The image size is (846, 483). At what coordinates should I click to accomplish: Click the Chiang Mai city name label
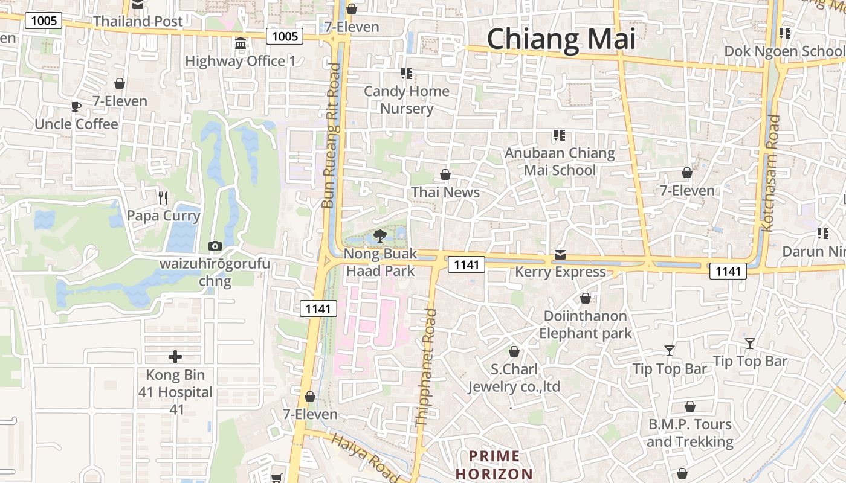click(x=561, y=39)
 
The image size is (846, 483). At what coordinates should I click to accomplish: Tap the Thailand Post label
click(x=138, y=21)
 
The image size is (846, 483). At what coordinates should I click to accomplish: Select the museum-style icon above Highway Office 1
click(x=241, y=43)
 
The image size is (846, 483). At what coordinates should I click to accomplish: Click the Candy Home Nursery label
click(x=407, y=100)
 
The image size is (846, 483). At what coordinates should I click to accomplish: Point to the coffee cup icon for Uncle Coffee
click(x=76, y=107)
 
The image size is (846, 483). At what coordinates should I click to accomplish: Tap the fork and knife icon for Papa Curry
click(x=163, y=197)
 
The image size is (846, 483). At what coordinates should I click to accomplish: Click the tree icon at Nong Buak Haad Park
click(x=380, y=235)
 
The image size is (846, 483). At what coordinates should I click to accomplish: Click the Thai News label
click(x=445, y=193)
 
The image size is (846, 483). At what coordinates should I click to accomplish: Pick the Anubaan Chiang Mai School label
click(x=560, y=162)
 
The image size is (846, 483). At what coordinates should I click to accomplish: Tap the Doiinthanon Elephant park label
click(x=585, y=324)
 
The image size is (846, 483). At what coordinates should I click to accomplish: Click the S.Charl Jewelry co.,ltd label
click(x=514, y=378)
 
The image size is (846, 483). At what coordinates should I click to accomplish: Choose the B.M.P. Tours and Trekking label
click(x=690, y=433)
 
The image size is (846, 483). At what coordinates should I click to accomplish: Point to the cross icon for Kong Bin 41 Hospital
click(x=175, y=357)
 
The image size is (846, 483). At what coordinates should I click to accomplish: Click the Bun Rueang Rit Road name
click(x=331, y=136)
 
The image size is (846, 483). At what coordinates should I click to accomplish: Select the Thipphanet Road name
click(x=426, y=368)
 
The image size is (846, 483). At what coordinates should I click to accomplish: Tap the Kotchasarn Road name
click(x=772, y=173)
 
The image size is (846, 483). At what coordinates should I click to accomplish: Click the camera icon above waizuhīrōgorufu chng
click(x=215, y=246)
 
